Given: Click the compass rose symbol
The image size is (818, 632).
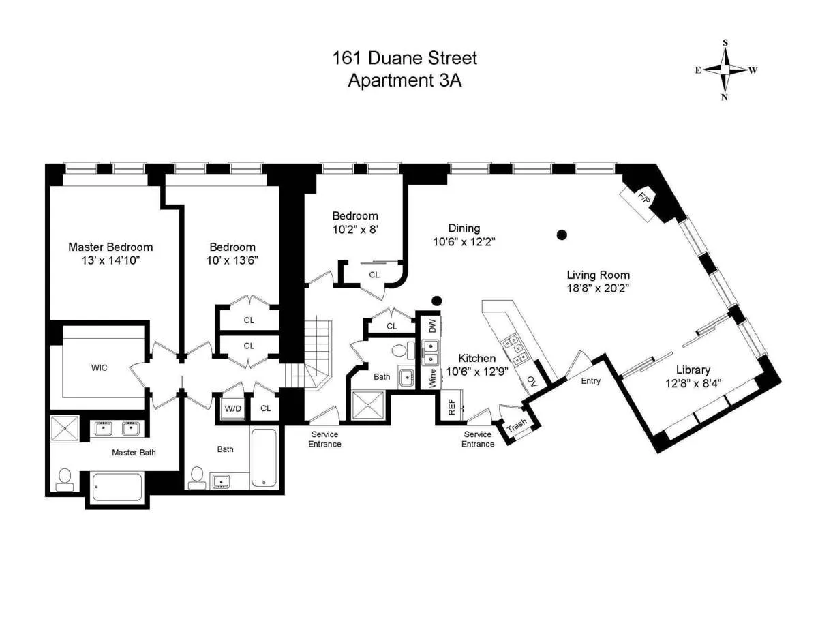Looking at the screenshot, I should [726, 70].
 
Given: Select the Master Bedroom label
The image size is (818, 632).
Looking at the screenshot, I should [110, 247].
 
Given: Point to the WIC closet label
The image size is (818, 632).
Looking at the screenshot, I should [100, 367].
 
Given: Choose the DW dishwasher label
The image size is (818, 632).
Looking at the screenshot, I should [431, 327].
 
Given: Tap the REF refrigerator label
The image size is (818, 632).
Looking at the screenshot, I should [451, 407].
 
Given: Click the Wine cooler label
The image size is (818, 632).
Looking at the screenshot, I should [432, 378].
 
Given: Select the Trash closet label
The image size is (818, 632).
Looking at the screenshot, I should [517, 425].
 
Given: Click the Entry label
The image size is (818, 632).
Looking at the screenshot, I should [590, 381].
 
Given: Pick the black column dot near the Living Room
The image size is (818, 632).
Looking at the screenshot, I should [562, 235].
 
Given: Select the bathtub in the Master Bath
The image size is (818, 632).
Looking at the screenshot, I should [117, 486].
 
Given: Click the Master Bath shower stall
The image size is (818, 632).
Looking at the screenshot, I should [65, 428].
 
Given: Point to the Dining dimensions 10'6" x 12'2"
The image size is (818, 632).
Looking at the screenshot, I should [464, 241].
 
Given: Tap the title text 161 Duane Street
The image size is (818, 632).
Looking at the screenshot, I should [404, 58].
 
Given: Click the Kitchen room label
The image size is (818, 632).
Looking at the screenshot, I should [476, 358].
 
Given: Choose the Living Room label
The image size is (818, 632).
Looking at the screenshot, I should [598, 275].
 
